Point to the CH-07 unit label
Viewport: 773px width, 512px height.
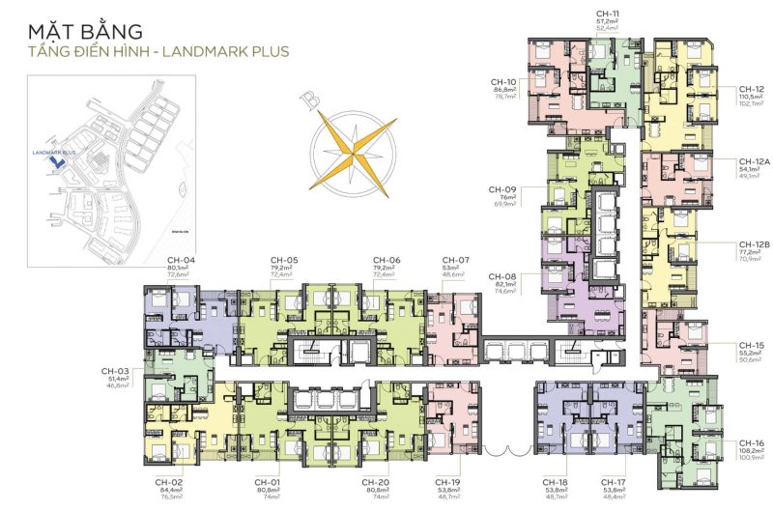click(455, 261)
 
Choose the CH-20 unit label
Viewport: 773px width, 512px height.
click(376, 482)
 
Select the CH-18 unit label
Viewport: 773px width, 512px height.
click(555, 482)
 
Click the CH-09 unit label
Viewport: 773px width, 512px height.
click(503, 189)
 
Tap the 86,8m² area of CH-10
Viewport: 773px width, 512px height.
click(505, 89)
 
